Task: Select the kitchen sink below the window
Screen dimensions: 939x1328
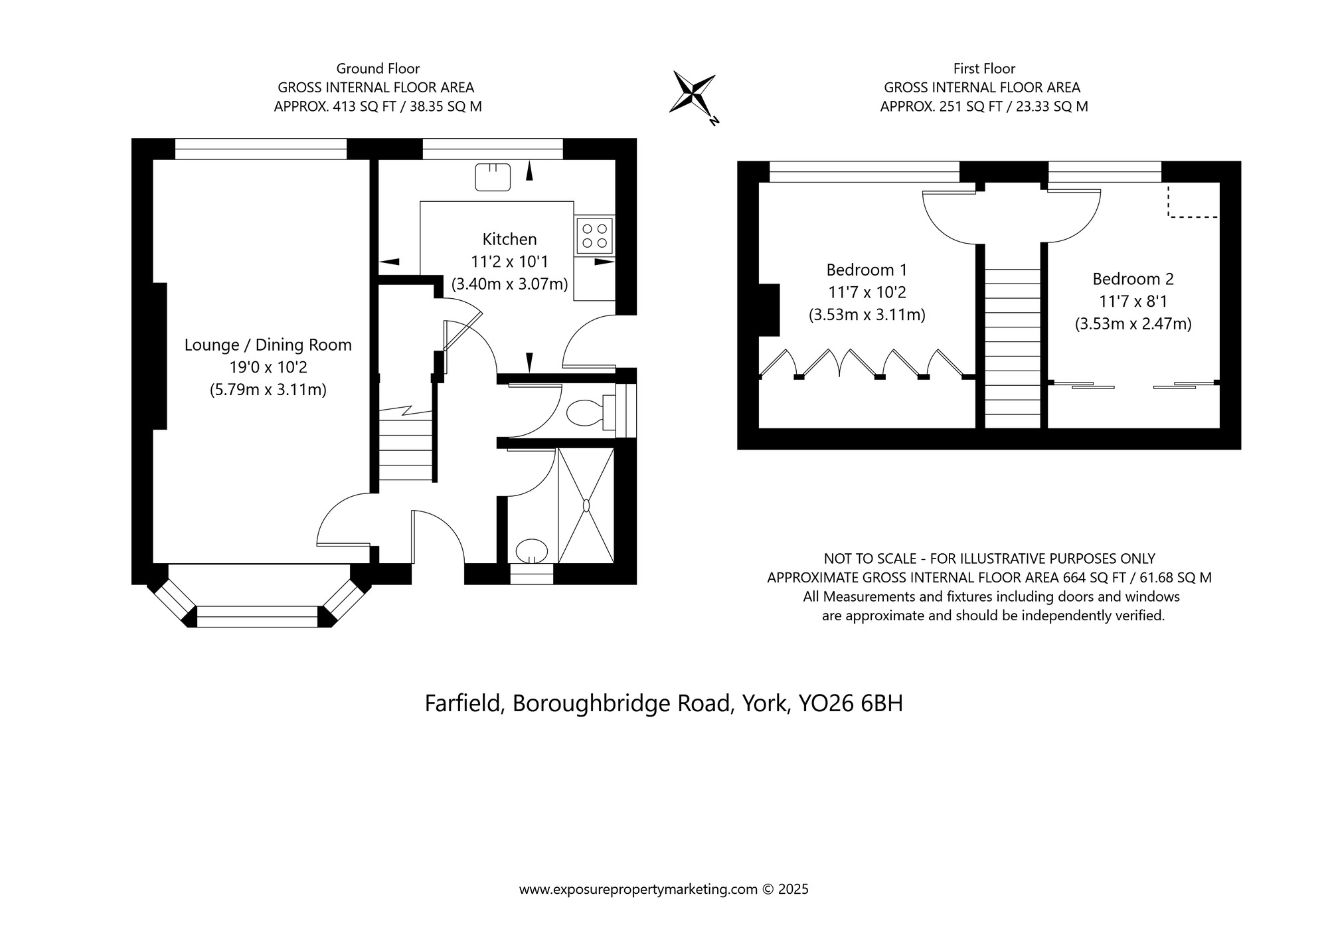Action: tap(493, 177)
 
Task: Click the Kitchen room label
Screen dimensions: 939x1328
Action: tap(509, 239)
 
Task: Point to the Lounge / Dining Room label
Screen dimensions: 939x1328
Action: tap(268, 345)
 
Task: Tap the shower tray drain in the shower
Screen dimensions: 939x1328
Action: tap(586, 505)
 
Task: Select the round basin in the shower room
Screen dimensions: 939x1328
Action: tap(532, 550)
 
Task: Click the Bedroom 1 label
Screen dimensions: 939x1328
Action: tap(867, 270)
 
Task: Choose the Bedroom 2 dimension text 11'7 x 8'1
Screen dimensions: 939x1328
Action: tap(1133, 301)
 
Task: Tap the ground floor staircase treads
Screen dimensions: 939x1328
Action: tap(406, 452)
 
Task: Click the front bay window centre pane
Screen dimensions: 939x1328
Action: tap(258, 616)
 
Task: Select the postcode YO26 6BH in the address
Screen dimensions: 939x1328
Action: tap(851, 703)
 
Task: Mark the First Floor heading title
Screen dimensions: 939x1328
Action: tap(984, 68)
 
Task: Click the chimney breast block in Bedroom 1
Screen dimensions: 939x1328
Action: tap(769, 310)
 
